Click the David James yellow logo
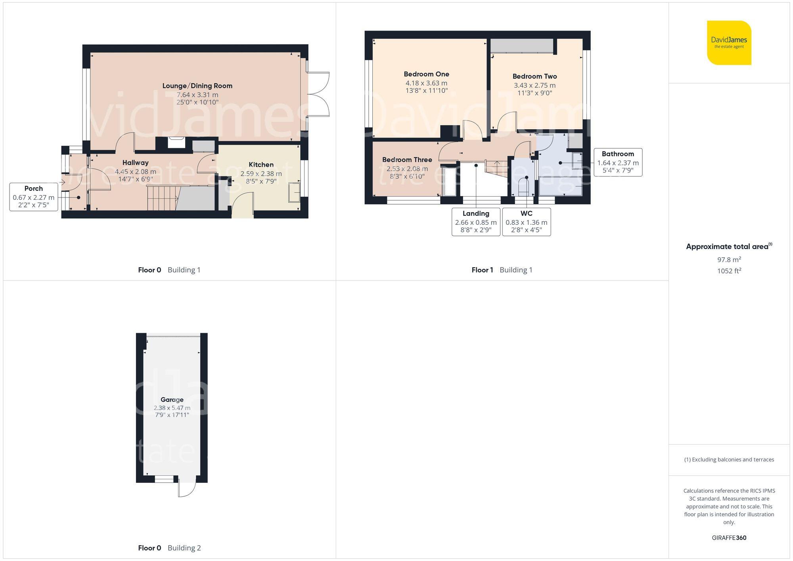(x=729, y=43)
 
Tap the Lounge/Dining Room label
(x=197, y=86)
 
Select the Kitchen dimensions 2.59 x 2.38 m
(x=261, y=174)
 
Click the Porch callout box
(x=34, y=197)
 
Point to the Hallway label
(x=135, y=163)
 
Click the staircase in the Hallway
(x=163, y=198)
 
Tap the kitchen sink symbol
(x=294, y=192)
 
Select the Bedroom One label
(x=426, y=74)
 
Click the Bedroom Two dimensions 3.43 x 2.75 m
(x=534, y=85)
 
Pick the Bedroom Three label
(x=407, y=160)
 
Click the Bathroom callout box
(x=618, y=162)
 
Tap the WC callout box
(x=526, y=222)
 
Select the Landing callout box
(x=476, y=222)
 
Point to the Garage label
(x=172, y=400)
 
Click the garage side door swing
(x=186, y=488)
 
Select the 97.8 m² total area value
(x=729, y=260)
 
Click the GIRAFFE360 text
(x=729, y=538)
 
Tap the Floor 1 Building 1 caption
(x=502, y=270)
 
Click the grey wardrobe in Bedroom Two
(x=522, y=46)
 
